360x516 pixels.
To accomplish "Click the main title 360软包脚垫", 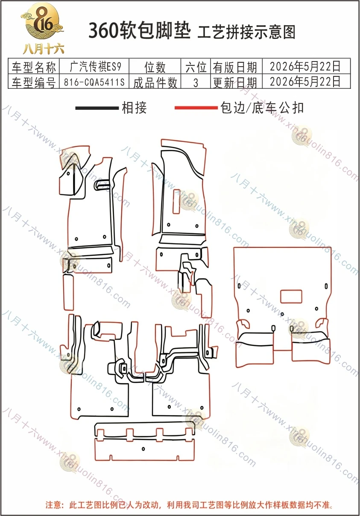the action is (x=140, y=31).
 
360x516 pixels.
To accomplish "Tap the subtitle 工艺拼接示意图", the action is (x=246, y=32).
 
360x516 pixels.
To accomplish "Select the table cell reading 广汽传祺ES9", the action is (x=95, y=66).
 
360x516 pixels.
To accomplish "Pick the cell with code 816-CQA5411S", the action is (x=94, y=82).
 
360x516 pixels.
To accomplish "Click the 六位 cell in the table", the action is (x=196, y=67).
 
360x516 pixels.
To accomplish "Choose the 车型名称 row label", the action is (x=34, y=67).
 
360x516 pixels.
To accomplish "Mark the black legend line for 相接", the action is (x=97, y=108).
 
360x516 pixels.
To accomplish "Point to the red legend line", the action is (x=196, y=108).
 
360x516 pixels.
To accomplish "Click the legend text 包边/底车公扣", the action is (x=262, y=108).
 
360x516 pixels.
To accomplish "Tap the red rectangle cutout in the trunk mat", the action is (x=291, y=296).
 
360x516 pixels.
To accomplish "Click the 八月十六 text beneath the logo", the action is (x=43, y=49).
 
